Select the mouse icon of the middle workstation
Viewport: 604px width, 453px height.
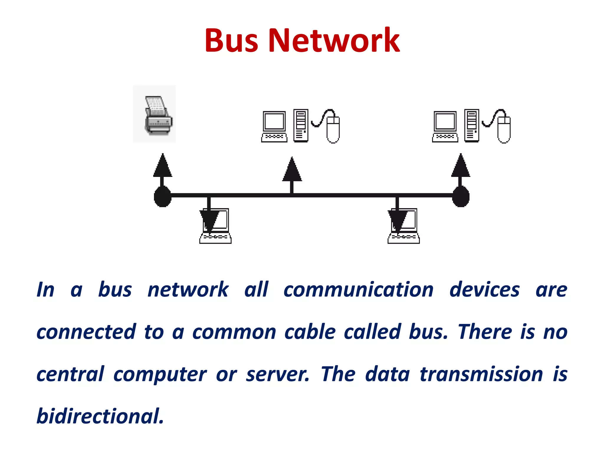[x=333, y=128]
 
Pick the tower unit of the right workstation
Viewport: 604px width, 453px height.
[x=472, y=125]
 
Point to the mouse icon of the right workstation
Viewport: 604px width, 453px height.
[x=504, y=128]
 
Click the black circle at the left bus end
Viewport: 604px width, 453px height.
[x=163, y=196]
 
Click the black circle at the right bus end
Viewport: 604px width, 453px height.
[x=461, y=196]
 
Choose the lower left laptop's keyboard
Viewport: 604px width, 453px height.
[x=216, y=238]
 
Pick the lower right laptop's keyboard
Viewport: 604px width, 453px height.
[x=404, y=238]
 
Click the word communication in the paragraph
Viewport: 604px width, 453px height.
[x=358, y=290]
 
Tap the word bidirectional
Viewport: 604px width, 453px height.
[x=100, y=416]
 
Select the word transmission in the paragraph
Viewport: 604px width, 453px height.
[x=481, y=374]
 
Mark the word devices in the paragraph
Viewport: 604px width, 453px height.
[x=484, y=290]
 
